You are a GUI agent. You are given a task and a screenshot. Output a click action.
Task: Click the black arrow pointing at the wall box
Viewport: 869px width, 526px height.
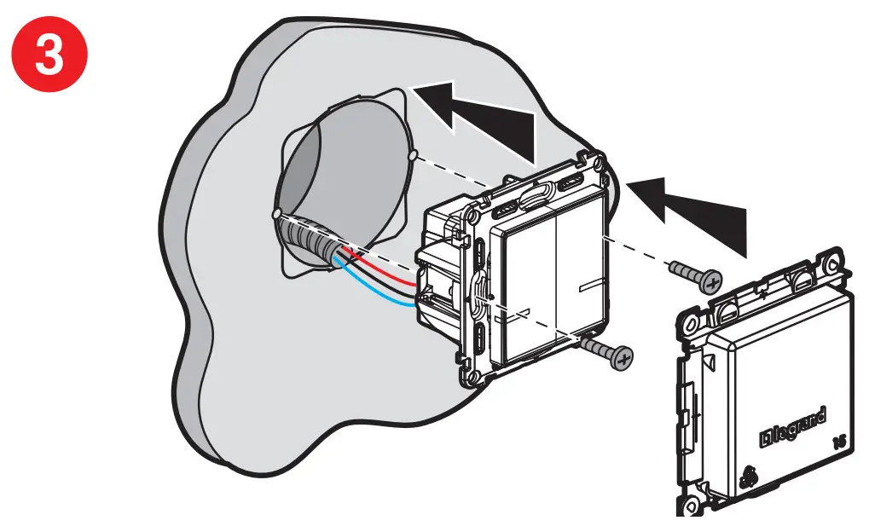pos(478,118)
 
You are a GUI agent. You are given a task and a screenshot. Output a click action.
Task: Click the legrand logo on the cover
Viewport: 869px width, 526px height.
pos(792,427)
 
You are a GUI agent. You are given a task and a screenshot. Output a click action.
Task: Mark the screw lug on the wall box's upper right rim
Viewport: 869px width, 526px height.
pos(413,157)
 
